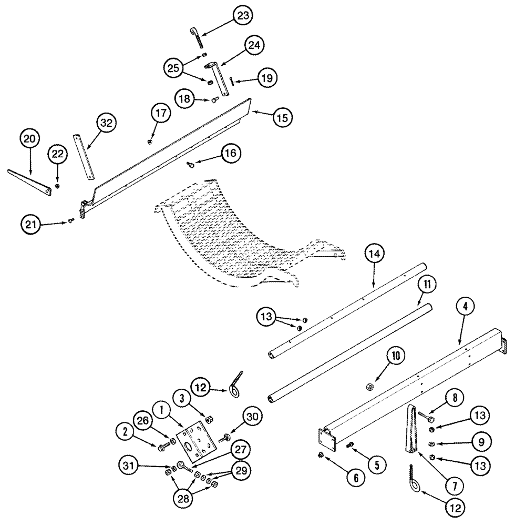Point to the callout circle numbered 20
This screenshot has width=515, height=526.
[30, 139]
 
